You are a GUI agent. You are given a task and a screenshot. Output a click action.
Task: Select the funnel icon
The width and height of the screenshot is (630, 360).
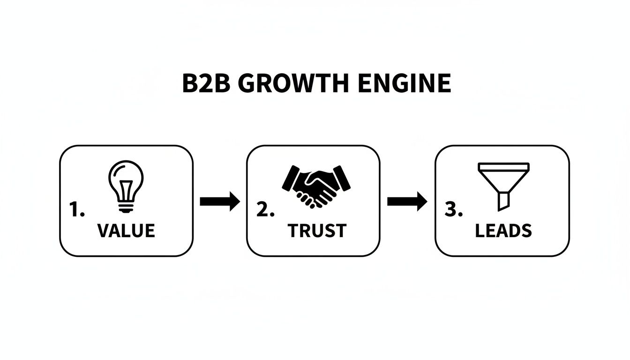503,185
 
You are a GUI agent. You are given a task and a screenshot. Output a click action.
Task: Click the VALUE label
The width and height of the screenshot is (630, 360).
126,231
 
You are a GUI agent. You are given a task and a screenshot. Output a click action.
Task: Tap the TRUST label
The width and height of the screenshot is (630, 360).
317,231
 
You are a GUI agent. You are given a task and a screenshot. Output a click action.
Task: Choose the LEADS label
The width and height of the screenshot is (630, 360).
503,231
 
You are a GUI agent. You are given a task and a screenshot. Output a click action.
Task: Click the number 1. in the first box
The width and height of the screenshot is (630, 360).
77,210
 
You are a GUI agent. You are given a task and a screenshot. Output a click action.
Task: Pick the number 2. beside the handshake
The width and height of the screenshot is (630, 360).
265,210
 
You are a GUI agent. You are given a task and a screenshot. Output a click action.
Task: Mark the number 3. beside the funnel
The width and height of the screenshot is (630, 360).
453,210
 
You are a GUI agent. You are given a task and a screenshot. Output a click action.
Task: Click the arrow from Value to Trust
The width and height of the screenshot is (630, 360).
219,202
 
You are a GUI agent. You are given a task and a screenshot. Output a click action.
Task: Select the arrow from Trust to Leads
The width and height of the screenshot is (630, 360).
407,202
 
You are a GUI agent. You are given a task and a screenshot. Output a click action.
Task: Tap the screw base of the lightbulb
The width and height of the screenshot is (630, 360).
126,206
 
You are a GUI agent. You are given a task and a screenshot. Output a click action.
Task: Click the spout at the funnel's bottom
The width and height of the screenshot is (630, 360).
503,201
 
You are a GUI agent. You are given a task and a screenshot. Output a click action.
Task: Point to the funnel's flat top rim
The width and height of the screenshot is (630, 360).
503,165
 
